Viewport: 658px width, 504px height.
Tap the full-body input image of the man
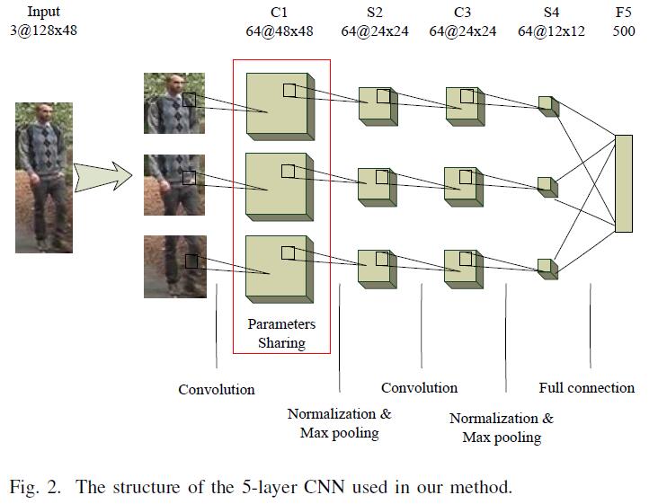(44, 177)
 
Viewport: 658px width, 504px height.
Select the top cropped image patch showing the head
(174, 102)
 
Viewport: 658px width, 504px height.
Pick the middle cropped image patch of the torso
(174, 184)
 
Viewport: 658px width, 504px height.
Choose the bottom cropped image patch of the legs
(174, 266)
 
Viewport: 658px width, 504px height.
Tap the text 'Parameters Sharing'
(281, 333)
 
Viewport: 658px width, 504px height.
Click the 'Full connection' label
(586, 388)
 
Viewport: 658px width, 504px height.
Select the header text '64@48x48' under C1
(279, 31)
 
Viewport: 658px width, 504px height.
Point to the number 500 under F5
(623, 31)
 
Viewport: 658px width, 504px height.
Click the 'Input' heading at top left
(44, 13)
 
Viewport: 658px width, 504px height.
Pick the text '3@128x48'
(44, 31)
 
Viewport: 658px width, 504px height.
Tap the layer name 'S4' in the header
(551, 13)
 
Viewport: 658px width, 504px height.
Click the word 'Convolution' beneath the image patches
(216, 389)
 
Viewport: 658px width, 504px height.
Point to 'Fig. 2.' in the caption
(37, 488)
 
